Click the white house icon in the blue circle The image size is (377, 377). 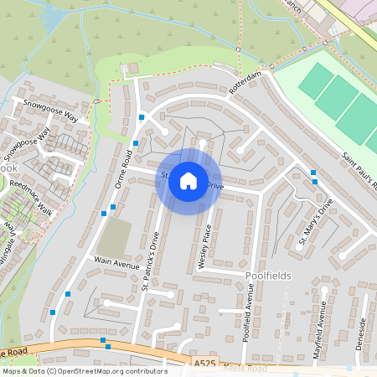[x=188, y=181]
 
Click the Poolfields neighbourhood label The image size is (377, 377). [x=267, y=275]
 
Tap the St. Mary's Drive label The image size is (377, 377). [x=316, y=223]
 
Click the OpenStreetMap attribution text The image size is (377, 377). [x=84, y=371]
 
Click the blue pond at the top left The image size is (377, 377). [x=52, y=17]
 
